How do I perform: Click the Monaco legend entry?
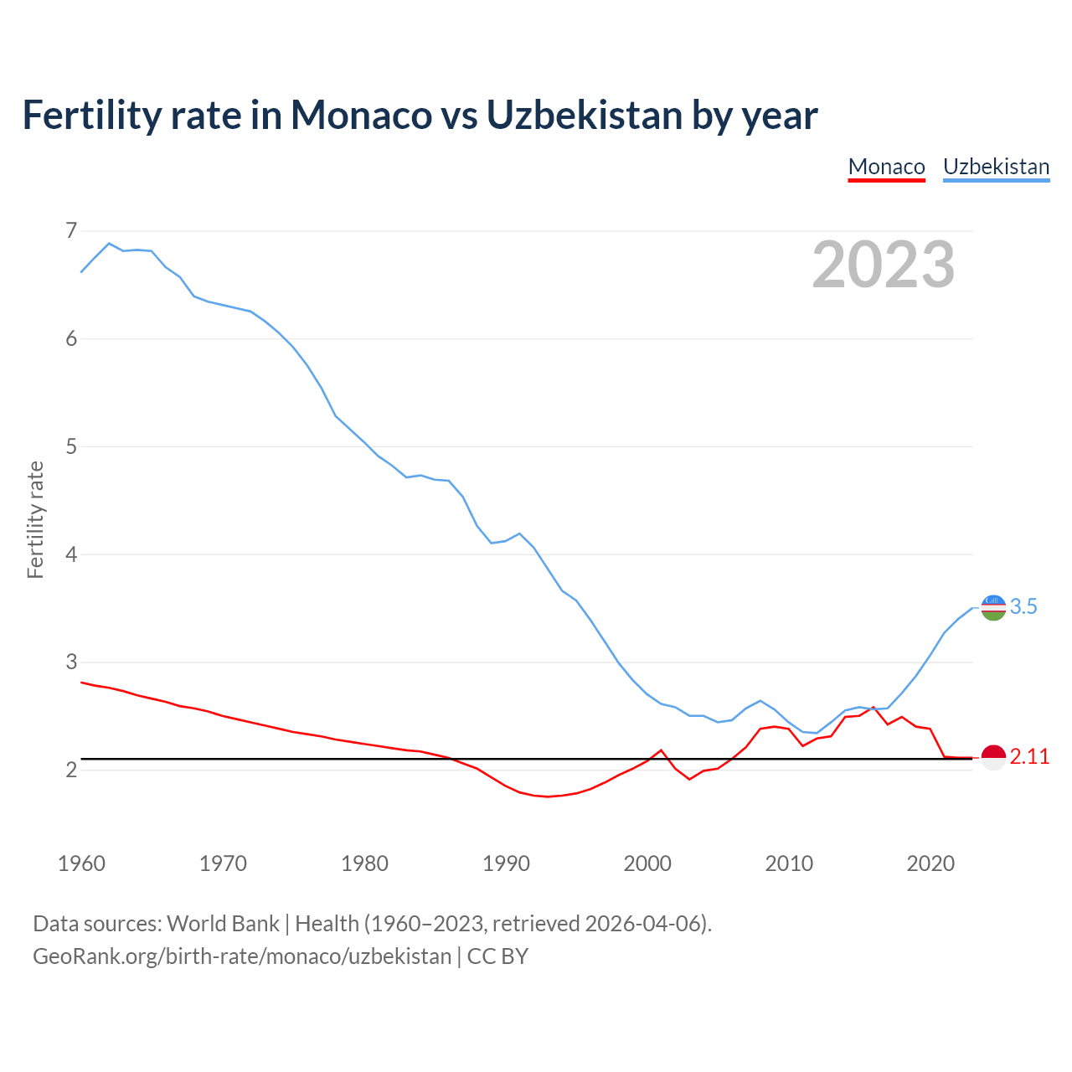tap(886, 167)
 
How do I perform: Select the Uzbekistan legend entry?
tap(996, 167)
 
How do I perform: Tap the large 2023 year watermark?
tap(884, 265)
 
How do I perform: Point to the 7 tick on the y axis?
tap(71, 230)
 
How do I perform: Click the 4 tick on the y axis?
tap(71, 554)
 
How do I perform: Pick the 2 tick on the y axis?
tap(71, 770)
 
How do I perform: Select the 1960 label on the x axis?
tap(81, 863)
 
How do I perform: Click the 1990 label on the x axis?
tap(506, 863)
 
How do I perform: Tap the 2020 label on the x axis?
tap(930, 863)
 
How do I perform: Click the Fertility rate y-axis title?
tap(35, 519)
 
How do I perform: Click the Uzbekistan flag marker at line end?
tap(993, 608)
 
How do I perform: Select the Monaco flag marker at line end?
tap(993, 757)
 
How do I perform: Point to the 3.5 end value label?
tap(1023, 607)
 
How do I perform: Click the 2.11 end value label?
tap(1029, 757)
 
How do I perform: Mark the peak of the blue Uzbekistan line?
tap(109, 244)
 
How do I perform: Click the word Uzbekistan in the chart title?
tap(585, 115)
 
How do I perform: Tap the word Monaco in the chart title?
tap(361, 115)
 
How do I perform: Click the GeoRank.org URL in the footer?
tap(242, 956)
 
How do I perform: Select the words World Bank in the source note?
tap(223, 924)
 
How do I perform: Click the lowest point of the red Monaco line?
tap(548, 796)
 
